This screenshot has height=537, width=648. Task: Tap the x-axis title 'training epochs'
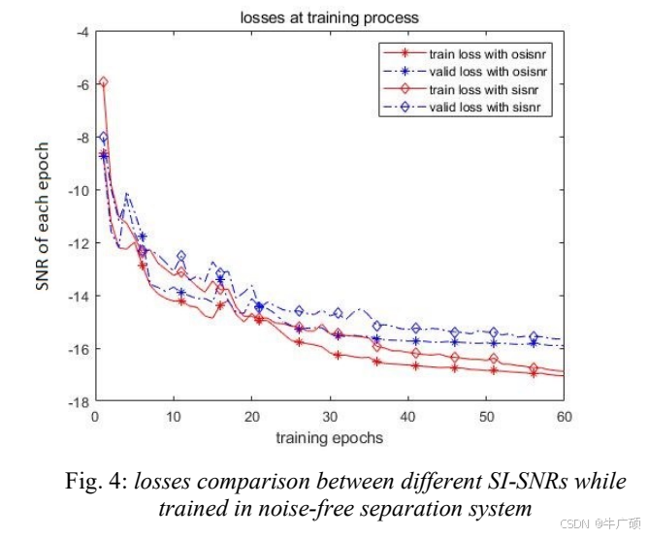pyautogui.click(x=329, y=438)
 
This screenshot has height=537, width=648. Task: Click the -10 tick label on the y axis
pyautogui.click(x=74, y=190)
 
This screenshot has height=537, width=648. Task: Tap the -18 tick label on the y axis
pyautogui.click(x=74, y=401)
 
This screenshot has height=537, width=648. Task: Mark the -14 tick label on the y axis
pyautogui.click(x=74, y=296)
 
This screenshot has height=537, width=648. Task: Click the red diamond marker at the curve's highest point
pyautogui.click(x=103, y=83)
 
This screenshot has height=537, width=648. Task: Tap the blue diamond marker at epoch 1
pyautogui.click(x=103, y=138)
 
